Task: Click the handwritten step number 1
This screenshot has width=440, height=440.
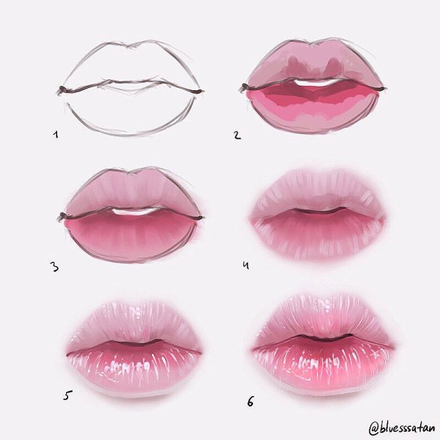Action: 56,135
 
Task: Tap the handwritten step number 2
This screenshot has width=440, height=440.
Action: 238,135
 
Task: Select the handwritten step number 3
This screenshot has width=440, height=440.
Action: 54,267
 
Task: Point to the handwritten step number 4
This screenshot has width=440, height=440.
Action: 246,265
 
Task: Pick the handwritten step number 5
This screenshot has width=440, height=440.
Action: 67,395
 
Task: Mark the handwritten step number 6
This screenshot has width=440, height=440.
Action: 250,401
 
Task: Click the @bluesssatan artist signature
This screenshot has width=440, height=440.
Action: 402,428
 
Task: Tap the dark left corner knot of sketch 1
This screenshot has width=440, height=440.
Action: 62,89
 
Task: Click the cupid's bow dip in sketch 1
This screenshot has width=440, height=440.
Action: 130,46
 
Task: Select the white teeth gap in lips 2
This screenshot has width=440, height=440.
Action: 317,81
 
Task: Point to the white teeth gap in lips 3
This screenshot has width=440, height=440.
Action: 134,211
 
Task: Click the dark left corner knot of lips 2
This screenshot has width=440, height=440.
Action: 245,87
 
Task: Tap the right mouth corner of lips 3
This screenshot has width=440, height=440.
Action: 199,218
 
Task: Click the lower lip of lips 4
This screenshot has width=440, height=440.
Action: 317,235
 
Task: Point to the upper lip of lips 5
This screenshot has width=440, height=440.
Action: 134,323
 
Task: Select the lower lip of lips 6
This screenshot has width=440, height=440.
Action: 323,364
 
